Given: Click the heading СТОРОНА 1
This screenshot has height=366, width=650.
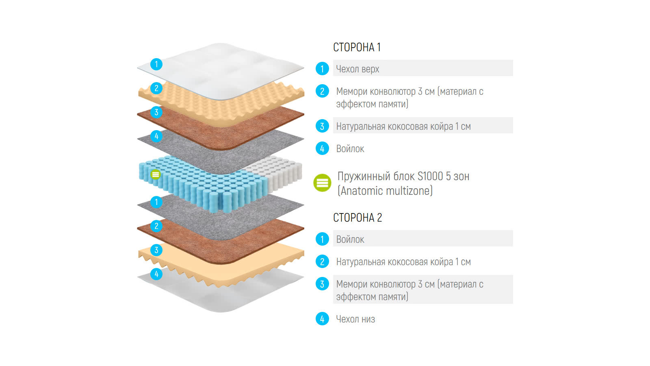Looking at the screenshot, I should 357,47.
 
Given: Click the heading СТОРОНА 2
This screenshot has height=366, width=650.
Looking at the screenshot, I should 357,218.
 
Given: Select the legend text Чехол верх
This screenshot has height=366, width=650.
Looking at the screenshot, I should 357,69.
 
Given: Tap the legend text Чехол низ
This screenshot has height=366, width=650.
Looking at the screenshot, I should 355,319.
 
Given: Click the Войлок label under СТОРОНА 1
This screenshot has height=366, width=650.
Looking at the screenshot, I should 350,149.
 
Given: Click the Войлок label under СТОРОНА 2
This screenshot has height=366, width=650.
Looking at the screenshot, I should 350,240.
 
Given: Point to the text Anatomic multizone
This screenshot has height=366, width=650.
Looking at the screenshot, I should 386,191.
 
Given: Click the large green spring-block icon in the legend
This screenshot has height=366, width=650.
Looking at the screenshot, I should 322,183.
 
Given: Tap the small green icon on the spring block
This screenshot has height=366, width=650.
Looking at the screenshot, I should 156,174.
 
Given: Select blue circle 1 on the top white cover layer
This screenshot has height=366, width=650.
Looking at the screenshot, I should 156,64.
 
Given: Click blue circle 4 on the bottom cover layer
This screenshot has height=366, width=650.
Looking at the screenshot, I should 156,274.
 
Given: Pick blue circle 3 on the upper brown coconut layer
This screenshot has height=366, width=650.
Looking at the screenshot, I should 156,112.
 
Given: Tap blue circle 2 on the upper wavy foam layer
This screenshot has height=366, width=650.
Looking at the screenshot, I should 156,88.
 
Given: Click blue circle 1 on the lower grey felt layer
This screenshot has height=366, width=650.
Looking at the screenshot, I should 156,202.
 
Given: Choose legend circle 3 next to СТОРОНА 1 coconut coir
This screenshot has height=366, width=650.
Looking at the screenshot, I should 322,126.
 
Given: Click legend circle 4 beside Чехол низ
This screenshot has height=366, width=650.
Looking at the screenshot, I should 322,319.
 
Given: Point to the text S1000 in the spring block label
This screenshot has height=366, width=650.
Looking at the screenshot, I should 430,176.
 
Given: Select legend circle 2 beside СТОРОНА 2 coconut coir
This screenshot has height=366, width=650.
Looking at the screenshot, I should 322,261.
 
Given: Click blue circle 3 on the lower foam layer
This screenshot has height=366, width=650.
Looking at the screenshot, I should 156,250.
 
